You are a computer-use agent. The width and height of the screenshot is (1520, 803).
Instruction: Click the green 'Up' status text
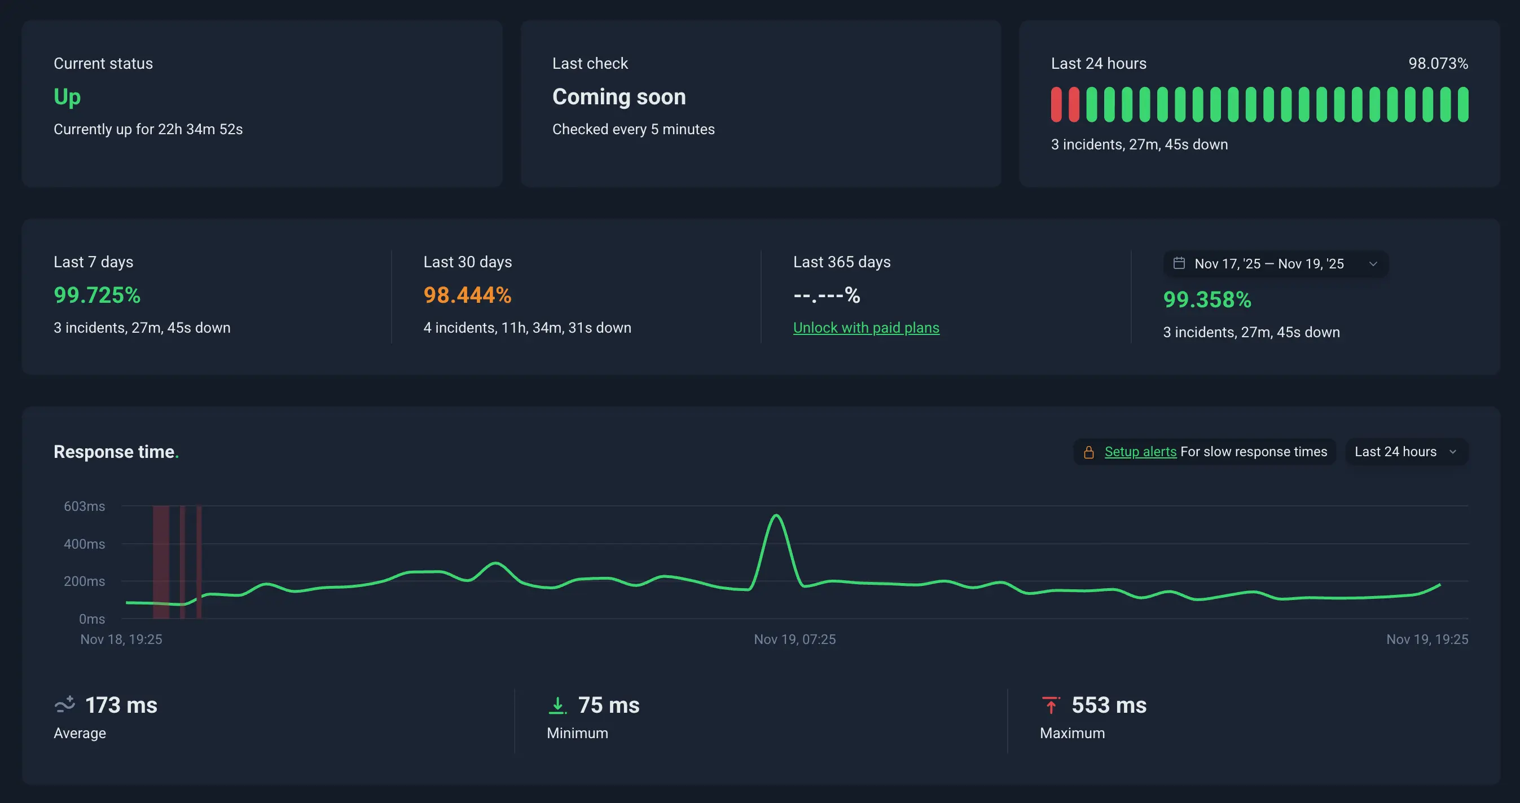point(67,96)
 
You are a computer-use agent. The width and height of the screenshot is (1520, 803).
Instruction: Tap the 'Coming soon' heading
point(618,96)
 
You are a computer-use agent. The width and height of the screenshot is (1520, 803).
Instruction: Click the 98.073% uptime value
point(1438,63)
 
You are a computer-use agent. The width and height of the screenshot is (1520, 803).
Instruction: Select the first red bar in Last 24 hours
point(1056,104)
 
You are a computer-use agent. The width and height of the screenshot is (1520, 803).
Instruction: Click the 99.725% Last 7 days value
point(98,295)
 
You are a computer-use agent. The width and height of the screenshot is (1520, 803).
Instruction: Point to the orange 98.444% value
point(467,295)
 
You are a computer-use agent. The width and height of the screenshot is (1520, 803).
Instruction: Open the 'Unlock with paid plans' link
point(866,328)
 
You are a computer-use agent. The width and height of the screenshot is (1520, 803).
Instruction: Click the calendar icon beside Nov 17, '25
point(1178,263)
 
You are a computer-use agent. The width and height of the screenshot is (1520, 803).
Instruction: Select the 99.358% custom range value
point(1207,299)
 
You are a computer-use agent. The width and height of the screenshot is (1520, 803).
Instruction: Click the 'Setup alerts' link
point(1140,452)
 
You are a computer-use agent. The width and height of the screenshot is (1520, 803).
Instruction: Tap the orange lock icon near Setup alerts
point(1089,452)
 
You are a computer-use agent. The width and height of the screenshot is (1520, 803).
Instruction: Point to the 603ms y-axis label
point(85,506)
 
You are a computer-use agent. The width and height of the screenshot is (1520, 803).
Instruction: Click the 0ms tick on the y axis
point(92,619)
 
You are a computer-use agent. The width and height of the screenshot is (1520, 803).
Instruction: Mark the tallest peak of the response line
point(776,516)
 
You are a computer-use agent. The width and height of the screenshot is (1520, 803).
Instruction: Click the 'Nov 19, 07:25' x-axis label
point(794,639)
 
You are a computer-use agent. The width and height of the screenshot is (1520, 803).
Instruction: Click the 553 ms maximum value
point(1108,705)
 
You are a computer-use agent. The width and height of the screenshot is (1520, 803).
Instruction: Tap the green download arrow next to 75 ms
point(557,705)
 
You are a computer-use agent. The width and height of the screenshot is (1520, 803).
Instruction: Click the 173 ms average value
point(121,705)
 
